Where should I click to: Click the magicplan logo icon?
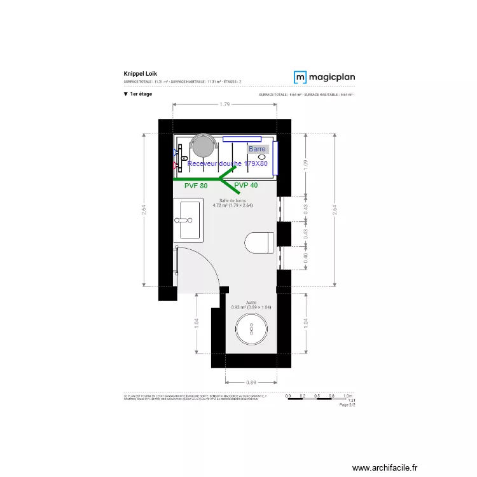pyautogui.click(x=300, y=77)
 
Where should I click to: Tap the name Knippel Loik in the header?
pyautogui.click(x=136, y=74)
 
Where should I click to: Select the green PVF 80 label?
pyautogui.click(x=196, y=186)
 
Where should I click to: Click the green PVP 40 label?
pyautogui.click(x=246, y=185)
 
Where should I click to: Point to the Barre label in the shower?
pyautogui.click(x=258, y=149)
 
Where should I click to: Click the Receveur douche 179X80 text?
pyautogui.click(x=228, y=163)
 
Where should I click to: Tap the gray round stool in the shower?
pyautogui.click(x=204, y=145)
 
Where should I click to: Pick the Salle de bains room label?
pyautogui.click(x=233, y=200)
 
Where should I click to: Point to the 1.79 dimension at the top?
pyautogui.click(x=224, y=105)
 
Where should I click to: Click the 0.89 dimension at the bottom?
pyautogui.click(x=251, y=382)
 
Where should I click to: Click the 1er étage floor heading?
pyautogui.click(x=141, y=94)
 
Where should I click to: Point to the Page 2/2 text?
pyautogui.click(x=347, y=404)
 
